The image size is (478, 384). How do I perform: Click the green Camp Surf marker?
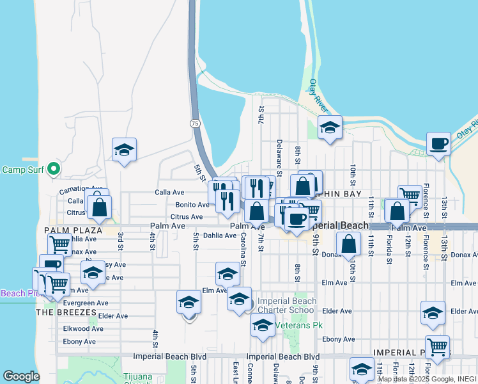54,169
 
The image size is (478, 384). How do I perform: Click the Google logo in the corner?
21,376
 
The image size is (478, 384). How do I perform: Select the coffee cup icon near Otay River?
438,144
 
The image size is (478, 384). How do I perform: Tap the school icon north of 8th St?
330,127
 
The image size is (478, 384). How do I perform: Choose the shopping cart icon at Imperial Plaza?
437,348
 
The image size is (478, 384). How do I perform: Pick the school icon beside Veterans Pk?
263,326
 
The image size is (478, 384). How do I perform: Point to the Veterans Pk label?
300,325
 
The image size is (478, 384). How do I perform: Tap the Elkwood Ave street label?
83,328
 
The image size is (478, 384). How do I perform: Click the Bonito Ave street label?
192,205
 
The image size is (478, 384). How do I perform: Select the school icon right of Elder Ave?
433,313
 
